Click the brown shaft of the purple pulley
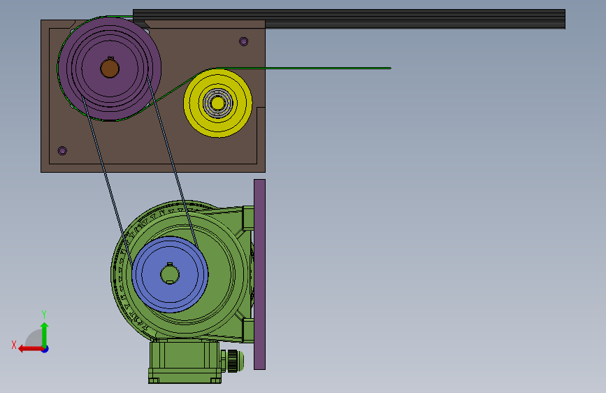[x=109, y=69]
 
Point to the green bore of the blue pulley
[x=170, y=274]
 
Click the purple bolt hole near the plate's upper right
[x=243, y=41]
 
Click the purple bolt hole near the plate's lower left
[x=62, y=150]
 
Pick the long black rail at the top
[x=349, y=19]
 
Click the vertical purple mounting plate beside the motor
[x=260, y=274]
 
